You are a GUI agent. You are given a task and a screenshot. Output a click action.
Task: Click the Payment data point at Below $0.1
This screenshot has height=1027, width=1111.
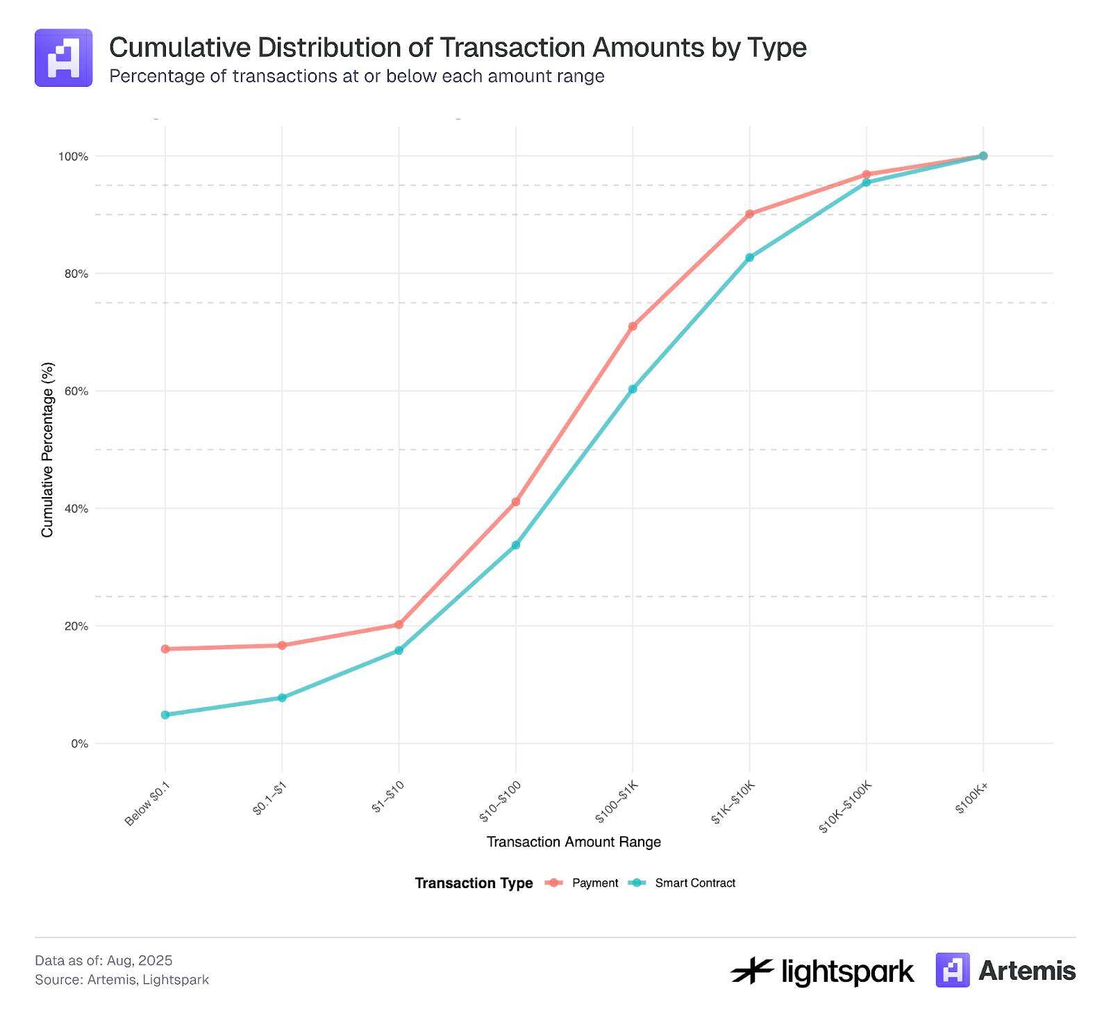coord(165,649)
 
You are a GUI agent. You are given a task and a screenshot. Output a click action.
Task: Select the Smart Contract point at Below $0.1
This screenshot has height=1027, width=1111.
coord(165,715)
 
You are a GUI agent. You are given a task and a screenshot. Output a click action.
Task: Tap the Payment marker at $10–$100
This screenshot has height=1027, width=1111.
coord(516,501)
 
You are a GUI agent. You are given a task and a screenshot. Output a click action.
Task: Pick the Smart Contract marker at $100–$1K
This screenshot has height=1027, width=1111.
coord(633,389)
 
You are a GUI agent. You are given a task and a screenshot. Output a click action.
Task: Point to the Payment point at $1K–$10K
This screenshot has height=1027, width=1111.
coord(749,214)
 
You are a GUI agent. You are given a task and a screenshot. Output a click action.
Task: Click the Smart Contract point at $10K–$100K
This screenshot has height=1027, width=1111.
coord(866,182)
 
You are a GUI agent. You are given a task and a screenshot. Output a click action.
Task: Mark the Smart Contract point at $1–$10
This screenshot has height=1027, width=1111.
coord(399,651)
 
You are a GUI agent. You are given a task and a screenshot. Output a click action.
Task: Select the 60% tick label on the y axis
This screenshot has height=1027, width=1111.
coord(76,391)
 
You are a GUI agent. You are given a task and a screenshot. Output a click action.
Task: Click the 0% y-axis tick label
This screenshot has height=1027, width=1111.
coord(79,744)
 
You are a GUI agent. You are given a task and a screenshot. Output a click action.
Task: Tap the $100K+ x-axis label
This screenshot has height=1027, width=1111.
coord(971,798)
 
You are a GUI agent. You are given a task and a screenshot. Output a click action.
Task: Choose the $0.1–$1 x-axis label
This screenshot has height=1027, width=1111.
coord(270,798)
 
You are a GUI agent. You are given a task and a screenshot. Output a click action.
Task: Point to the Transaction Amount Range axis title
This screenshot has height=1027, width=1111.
coord(574,842)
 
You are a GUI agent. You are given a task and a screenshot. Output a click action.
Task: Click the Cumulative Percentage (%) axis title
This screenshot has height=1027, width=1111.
coord(47,449)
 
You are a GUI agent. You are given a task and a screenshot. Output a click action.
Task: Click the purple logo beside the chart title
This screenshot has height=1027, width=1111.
coord(63,58)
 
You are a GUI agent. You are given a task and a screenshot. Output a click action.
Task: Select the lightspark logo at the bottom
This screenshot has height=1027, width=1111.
coord(821,971)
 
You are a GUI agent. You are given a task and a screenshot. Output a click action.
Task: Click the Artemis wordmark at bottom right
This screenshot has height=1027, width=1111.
coord(1026,970)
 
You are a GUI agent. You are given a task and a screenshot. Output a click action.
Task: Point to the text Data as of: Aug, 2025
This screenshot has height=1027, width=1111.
coord(103,960)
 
